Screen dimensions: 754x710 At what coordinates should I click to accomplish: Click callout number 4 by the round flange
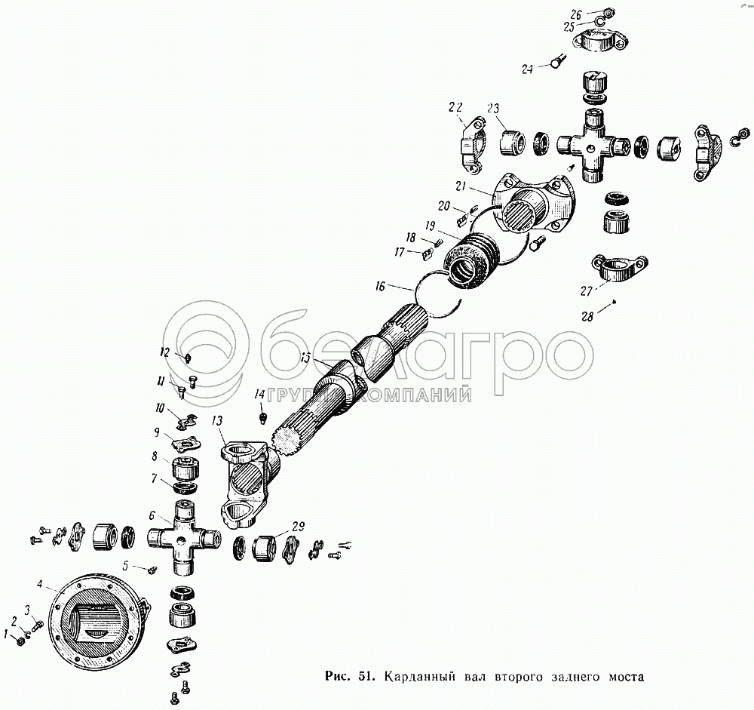(40, 582)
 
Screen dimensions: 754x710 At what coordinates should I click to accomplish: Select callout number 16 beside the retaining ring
(379, 286)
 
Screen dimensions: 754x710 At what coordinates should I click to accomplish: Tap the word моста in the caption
(625, 676)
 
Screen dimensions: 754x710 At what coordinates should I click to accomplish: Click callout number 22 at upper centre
(455, 106)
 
